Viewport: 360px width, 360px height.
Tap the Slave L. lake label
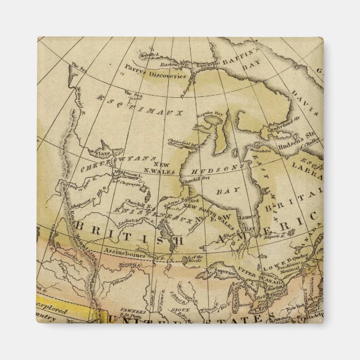coord(103,152)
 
